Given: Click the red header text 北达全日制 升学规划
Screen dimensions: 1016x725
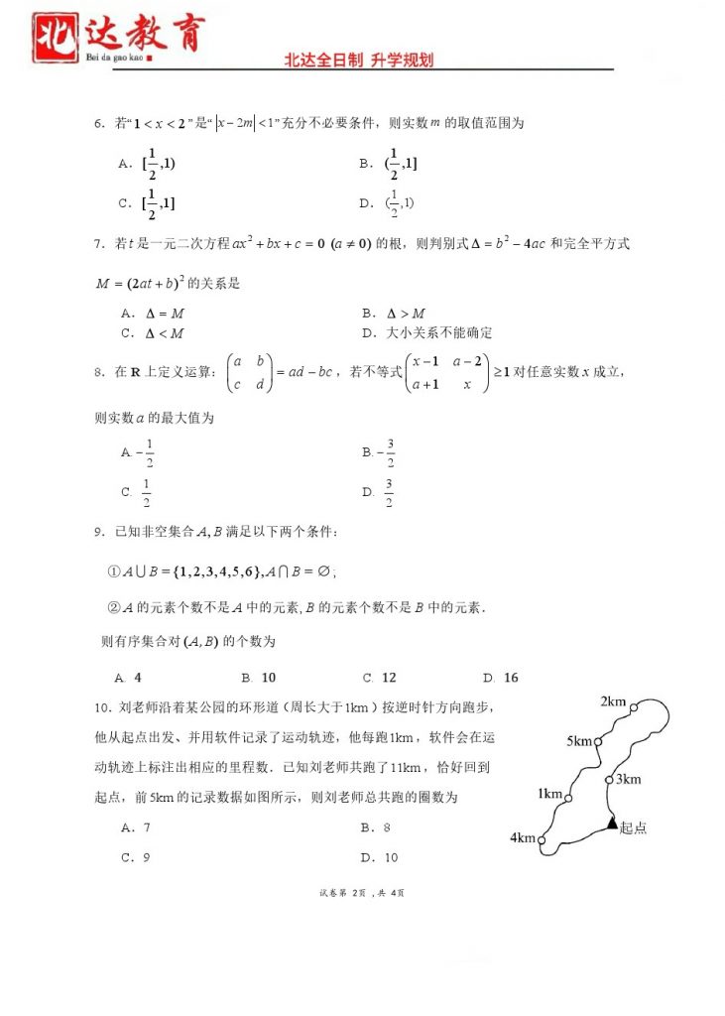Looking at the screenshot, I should pyautogui.click(x=359, y=61).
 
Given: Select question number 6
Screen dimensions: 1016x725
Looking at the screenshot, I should pyautogui.click(x=99, y=124).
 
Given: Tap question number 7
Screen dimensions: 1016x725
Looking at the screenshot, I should pyautogui.click(x=99, y=243).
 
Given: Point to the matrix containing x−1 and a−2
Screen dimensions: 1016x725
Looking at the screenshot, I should pyautogui.click(x=447, y=373).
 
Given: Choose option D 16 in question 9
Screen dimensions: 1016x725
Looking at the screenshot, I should pyautogui.click(x=501, y=678).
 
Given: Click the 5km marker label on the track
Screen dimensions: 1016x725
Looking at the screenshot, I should pyautogui.click(x=579, y=741).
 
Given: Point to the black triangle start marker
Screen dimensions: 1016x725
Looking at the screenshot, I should pyautogui.click(x=612, y=823).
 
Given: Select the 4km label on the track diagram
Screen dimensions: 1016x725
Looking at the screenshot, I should pyautogui.click(x=523, y=838).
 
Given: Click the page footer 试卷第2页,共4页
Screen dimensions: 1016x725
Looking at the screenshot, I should pyautogui.click(x=362, y=893).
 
